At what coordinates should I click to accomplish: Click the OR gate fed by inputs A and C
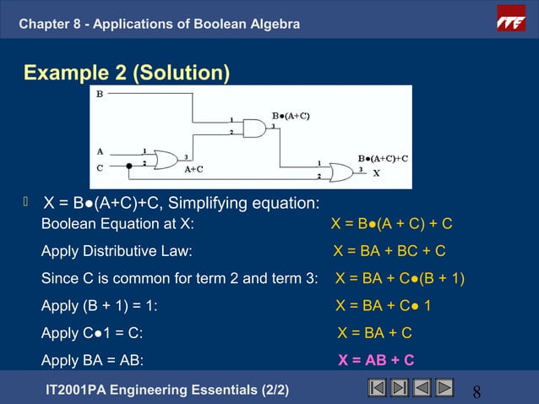click(165, 159)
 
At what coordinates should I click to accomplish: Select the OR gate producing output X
click(341, 172)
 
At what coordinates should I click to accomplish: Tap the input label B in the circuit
click(100, 95)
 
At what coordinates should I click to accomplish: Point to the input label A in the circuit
click(100, 152)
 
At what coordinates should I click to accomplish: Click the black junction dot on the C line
click(129, 166)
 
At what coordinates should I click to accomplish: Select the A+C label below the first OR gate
click(194, 169)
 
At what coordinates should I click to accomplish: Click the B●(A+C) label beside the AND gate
click(290, 115)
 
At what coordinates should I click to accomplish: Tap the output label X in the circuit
click(377, 173)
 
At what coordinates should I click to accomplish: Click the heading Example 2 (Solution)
click(127, 74)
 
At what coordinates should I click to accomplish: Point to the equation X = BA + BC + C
click(389, 251)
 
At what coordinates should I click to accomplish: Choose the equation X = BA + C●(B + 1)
click(400, 278)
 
